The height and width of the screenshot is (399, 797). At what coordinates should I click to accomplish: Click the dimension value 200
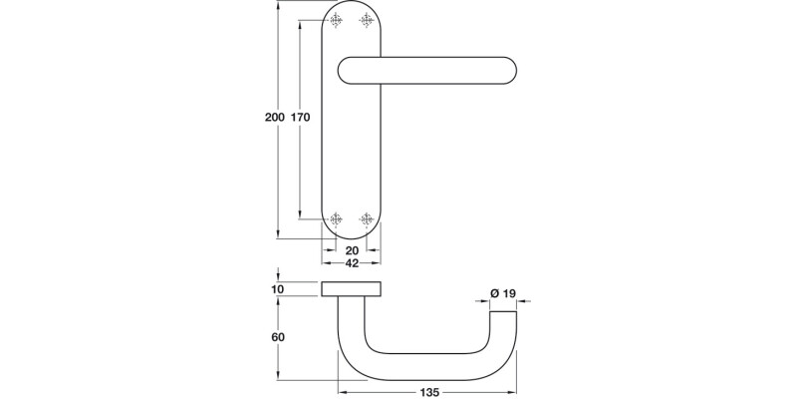274,118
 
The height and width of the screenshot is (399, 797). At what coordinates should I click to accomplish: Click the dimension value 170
300,118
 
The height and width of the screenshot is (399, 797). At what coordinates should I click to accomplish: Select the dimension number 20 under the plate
352,250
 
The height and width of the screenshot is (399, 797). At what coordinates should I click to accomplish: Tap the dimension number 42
352,264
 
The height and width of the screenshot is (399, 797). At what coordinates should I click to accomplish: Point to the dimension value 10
277,289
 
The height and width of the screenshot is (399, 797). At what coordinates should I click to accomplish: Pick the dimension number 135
428,392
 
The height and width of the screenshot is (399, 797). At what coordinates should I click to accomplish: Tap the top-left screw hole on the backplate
336,18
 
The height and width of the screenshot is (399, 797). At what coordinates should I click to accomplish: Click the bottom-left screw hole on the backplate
336,218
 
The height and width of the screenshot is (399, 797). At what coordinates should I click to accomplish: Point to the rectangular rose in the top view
352,289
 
